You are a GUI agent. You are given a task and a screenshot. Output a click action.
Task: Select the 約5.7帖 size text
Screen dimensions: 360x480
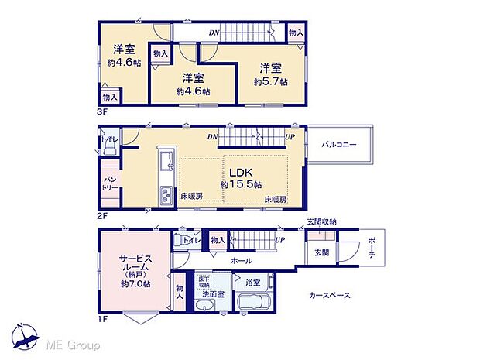tap(271, 81)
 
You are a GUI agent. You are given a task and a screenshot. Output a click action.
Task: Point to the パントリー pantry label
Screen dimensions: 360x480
tap(108, 183)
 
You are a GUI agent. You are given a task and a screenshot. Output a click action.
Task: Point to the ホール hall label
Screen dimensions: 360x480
tap(241, 262)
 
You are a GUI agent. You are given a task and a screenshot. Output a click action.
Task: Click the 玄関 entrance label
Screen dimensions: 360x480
tap(321, 253)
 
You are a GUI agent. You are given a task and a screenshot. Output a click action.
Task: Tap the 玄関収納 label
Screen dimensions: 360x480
tap(321, 222)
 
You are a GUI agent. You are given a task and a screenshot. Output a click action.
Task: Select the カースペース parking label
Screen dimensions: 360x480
tap(331, 295)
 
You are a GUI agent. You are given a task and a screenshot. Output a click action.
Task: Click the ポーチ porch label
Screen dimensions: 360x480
tap(372, 249)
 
